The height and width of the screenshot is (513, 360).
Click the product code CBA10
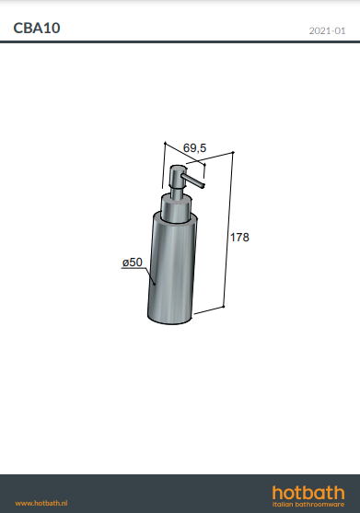coord(37,29)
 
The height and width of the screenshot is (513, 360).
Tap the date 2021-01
coord(327,30)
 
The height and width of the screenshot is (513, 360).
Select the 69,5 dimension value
coord(194,148)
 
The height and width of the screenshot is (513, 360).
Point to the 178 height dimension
coord(239,238)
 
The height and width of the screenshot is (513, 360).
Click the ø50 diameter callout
coord(133,262)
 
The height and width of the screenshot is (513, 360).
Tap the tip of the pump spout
coord(203,186)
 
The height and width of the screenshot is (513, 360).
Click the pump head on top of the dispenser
coord(178,177)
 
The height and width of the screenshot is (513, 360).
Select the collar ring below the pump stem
coord(175,209)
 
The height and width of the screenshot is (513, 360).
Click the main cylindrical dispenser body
coord(172,268)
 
